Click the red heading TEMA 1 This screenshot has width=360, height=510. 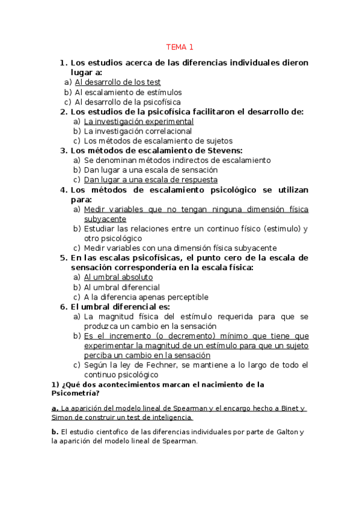click(180, 47)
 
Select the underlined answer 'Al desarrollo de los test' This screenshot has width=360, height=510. click(118, 82)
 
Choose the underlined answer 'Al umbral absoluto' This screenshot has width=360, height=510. click(118, 277)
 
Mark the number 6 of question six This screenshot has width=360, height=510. click(63, 307)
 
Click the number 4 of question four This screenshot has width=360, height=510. click(63, 189)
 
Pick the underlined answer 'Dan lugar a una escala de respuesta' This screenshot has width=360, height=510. click(150, 180)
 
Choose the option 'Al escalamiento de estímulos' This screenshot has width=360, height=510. click(128, 92)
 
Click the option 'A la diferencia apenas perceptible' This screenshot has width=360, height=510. click(146, 297)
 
